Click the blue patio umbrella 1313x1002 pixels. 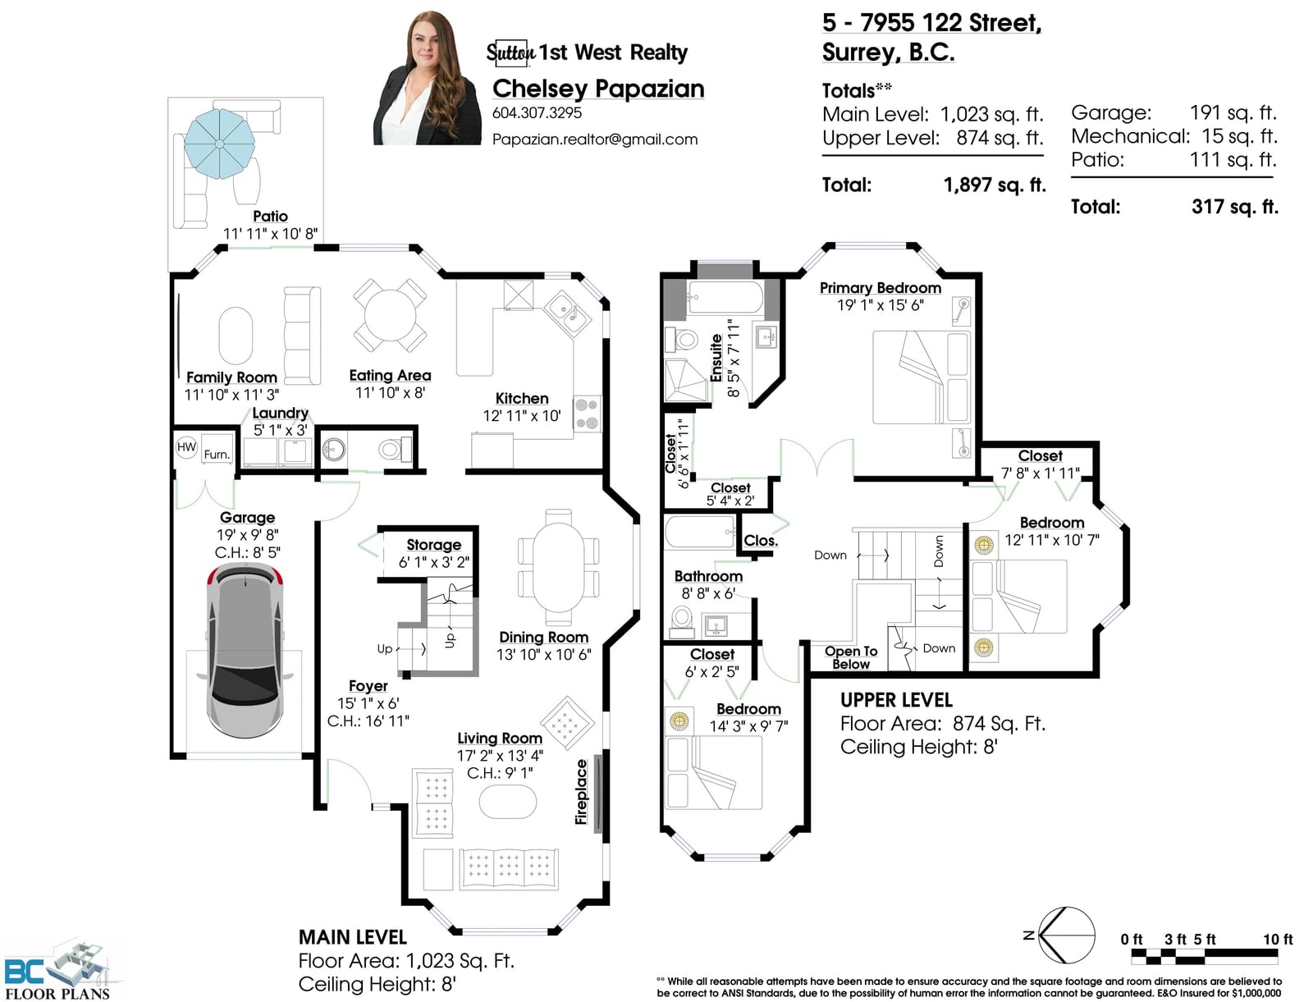(x=220, y=144)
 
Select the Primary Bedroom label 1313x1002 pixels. (x=880, y=288)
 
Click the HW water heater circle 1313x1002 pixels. (x=186, y=446)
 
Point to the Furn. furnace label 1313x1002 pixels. (x=217, y=455)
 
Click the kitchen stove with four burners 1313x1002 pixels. (x=588, y=414)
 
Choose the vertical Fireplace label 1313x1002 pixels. (x=581, y=792)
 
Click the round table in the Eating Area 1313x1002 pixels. (x=390, y=314)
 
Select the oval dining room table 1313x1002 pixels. (x=558, y=568)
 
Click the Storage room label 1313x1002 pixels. (x=433, y=544)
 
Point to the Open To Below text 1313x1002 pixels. (x=851, y=657)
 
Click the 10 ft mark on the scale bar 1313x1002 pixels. (x=1278, y=939)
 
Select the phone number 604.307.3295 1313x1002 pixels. (x=537, y=112)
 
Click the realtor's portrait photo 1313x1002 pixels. (x=427, y=78)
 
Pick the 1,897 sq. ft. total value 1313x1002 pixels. (x=994, y=185)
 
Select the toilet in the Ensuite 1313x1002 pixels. (x=682, y=340)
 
